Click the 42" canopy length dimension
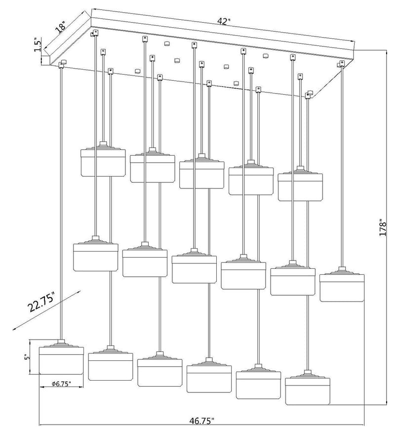coord(224,22)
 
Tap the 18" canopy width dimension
coord(60,27)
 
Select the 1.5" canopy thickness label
coord(38,45)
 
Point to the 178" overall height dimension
coord(383,228)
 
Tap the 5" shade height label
coord(26,357)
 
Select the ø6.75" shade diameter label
coord(61,384)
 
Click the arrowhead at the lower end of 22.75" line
coord(14,329)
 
